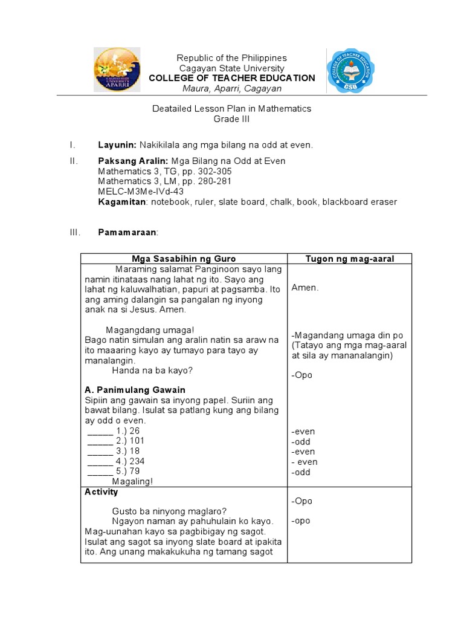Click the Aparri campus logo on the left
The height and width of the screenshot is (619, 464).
pyautogui.click(x=117, y=70)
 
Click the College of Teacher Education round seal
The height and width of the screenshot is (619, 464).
pyautogui.click(x=350, y=72)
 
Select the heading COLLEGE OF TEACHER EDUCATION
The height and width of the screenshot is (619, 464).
pyautogui.click(x=231, y=78)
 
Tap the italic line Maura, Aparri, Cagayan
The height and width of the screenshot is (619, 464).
pyautogui.click(x=232, y=89)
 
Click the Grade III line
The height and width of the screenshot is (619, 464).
pyautogui.click(x=231, y=119)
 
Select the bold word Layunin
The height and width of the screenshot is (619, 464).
pyautogui.click(x=117, y=145)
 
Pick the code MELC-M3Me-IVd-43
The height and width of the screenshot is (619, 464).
pyautogui.click(x=141, y=192)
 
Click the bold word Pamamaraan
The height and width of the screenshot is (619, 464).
pyautogui.click(x=127, y=233)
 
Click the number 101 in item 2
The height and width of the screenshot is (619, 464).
pyautogui.click(x=137, y=441)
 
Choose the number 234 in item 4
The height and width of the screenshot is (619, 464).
pyautogui.click(x=137, y=461)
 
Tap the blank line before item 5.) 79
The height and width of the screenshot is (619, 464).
pyautogui.click(x=100, y=472)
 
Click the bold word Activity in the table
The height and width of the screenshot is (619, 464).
pyautogui.click(x=101, y=492)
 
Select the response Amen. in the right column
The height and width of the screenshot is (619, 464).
pyautogui.click(x=304, y=288)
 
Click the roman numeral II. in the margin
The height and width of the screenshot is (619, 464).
pyautogui.click(x=72, y=161)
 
